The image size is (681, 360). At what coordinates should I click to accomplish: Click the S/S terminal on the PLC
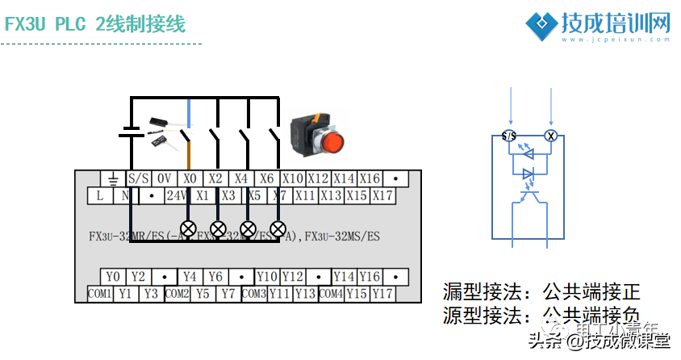point(139,178)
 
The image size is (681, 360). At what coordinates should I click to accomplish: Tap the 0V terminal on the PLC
point(165,178)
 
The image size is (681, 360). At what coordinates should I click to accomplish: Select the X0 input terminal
point(190,178)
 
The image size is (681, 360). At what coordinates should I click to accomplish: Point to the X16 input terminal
point(370,178)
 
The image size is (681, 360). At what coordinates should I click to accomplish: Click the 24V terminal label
point(177,195)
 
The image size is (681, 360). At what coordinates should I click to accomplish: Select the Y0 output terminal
point(113,278)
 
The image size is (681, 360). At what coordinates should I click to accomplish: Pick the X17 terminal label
point(382,195)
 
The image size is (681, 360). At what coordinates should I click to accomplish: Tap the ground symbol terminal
point(113,178)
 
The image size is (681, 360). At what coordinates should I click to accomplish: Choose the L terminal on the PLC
point(100,195)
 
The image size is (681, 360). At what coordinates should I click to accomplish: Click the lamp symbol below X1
point(189,228)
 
